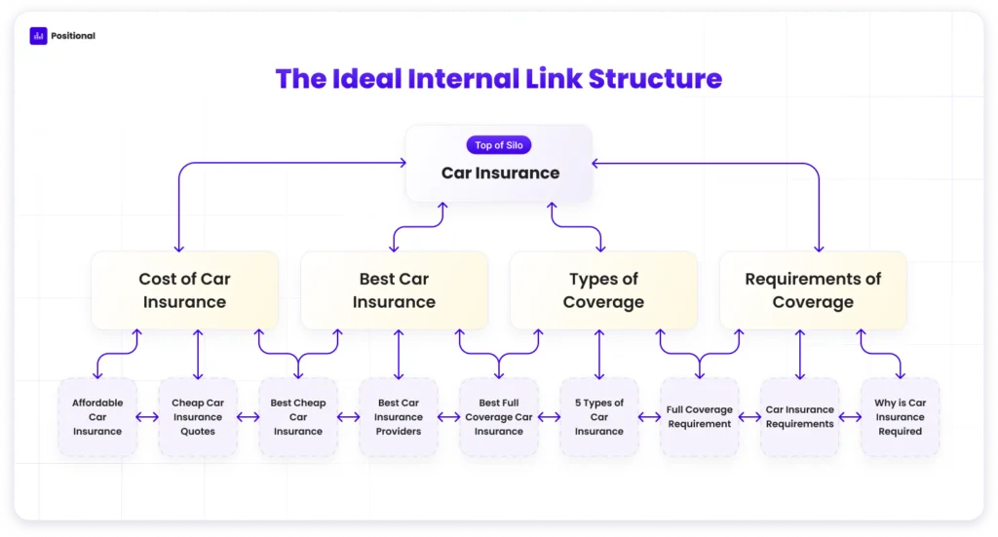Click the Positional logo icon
38,36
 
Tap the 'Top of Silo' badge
498,145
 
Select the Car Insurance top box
499,164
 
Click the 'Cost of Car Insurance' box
184,290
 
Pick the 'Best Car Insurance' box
394,290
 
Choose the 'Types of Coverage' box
603,290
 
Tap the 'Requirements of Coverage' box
813,290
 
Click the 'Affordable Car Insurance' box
97,417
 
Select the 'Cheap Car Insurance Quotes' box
198,417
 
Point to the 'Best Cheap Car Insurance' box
298,417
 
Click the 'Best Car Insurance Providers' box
399,417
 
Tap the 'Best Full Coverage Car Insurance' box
498,417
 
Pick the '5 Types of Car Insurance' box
599,417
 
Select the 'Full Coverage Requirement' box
700,417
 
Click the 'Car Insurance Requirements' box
799,417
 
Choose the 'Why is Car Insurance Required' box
900,417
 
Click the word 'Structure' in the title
655,79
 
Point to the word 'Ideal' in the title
366,79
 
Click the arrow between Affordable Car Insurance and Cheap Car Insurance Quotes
148,417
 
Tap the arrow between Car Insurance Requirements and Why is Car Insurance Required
850,417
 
